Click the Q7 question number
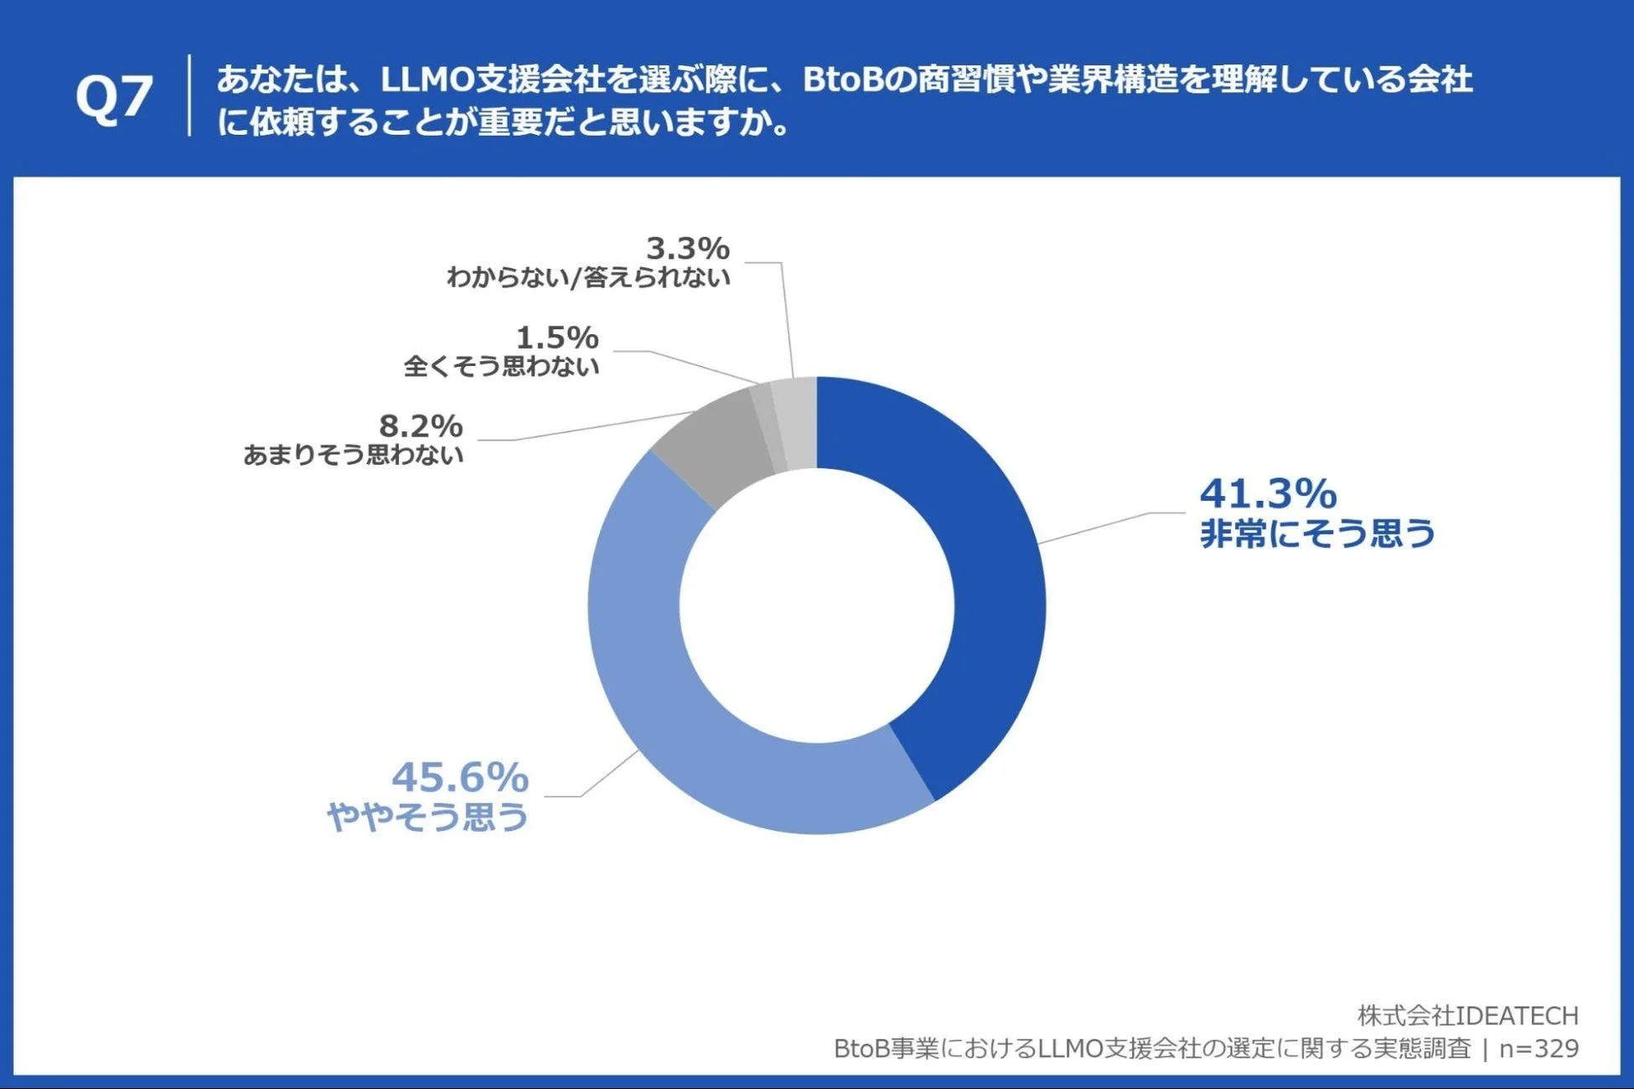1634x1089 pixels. pyautogui.click(x=114, y=97)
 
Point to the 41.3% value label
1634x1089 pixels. pyautogui.click(x=1268, y=494)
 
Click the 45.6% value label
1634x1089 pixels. pyautogui.click(x=460, y=777)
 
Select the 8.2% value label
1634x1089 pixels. pyautogui.click(x=421, y=426)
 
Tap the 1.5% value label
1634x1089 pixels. pyautogui.click(x=556, y=338)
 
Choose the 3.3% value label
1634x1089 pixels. pyautogui.click(x=687, y=248)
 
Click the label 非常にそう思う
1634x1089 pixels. pyautogui.click(x=1317, y=534)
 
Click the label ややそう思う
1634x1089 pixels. pyautogui.click(x=427, y=817)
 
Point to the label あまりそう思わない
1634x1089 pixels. pyautogui.click(x=353, y=455)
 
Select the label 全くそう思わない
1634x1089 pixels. pyautogui.click(x=501, y=366)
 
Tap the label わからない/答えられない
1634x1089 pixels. pyautogui.click(x=588, y=277)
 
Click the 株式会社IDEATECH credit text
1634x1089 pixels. pyautogui.click(x=1467, y=1015)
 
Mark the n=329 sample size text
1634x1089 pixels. pyautogui.click(x=1538, y=1049)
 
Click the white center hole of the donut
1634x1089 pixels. pyautogui.click(x=816, y=606)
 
